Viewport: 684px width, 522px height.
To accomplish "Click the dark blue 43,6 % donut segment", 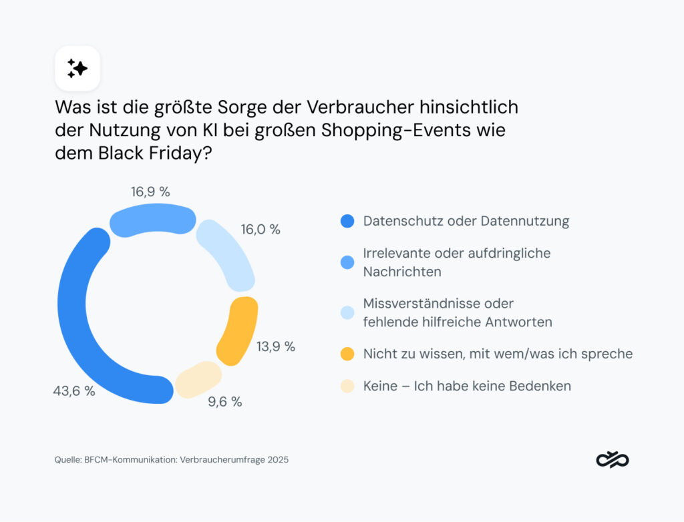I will coord(73,320).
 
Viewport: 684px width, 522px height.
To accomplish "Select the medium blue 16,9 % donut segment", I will coord(152,221).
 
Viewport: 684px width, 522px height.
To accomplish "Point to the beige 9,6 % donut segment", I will coord(198,379).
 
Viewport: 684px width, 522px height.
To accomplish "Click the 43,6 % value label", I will coord(74,391).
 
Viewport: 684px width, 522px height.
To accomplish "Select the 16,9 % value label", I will coord(150,192).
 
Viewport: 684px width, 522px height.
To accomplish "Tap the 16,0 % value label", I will coord(261,230).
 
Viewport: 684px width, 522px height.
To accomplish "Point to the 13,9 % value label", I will coord(275,346).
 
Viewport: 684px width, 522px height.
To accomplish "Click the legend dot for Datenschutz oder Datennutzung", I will coord(347,221).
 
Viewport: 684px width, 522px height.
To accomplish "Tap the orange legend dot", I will coord(347,354).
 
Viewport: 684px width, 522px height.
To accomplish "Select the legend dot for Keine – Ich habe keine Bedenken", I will coord(347,386).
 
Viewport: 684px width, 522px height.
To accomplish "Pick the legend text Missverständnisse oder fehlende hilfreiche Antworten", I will coord(457,312).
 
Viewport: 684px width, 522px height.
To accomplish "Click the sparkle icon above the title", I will coord(77,68).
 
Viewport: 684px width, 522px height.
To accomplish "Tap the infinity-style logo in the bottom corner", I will coord(613,459).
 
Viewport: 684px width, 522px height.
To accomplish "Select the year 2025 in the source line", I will coord(277,460).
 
